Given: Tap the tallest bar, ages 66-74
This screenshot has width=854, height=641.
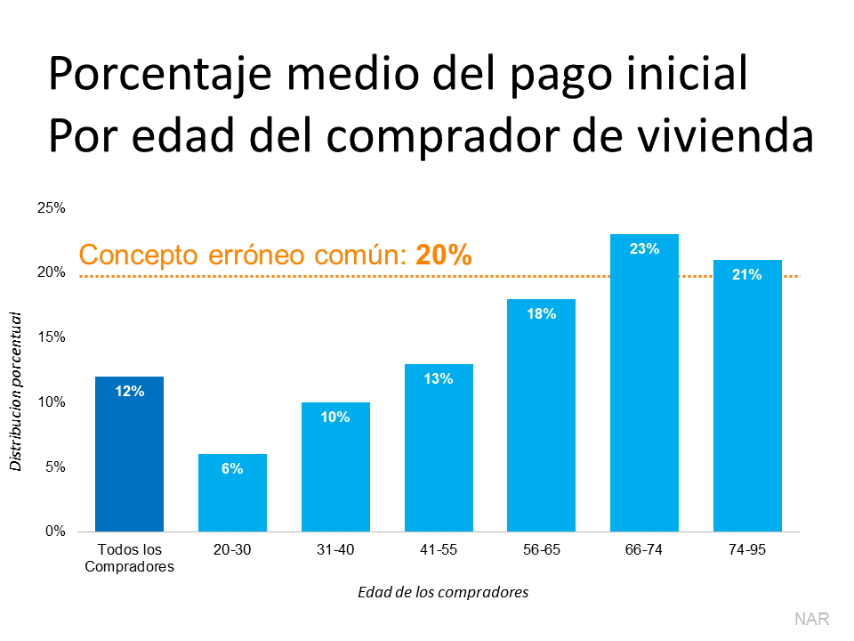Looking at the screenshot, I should click(644, 383).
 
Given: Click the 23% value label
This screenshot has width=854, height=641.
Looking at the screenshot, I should click(644, 249).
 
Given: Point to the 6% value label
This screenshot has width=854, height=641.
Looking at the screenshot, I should click(232, 468).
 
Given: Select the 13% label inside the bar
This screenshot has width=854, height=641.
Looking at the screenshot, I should click(438, 378).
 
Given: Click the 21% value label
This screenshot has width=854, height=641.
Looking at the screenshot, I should click(746, 275).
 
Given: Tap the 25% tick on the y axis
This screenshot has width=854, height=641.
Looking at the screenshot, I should click(51, 207).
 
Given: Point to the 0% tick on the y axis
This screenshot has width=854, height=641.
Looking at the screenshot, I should click(54, 531).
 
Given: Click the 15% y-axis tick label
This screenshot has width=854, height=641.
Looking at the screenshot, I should click(51, 337).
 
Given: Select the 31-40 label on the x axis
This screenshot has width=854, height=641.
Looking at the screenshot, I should click(334, 550).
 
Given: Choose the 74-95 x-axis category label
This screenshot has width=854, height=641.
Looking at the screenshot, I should click(746, 550).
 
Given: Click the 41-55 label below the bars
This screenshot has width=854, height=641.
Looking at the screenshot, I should click(438, 550).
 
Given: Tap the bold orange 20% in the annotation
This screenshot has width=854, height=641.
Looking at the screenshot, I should click(443, 256).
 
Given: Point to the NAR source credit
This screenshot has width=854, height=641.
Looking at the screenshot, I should click(811, 618).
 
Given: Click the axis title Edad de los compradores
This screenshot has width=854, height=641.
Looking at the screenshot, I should click(442, 592).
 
